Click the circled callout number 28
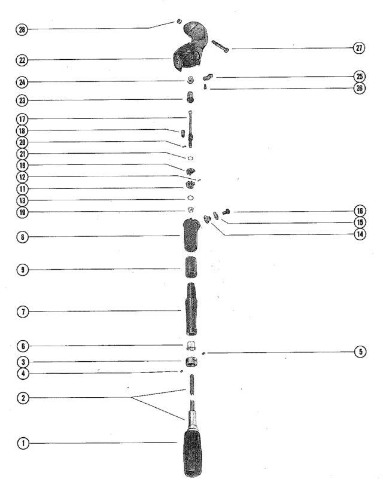[x=22, y=30]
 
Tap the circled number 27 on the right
[x=359, y=48]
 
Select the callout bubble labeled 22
[x=22, y=60]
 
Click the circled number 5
[x=360, y=352]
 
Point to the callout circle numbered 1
[x=23, y=443]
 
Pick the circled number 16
[x=360, y=211]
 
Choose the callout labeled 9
[x=22, y=270]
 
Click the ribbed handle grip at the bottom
[x=193, y=453]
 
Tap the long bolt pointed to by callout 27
[x=220, y=46]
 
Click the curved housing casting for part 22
[x=190, y=47]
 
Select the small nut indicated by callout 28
[x=179, y=22]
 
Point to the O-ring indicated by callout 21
[x=190, y=158]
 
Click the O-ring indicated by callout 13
[x=191, y=198]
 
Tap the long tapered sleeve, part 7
[x=191, y=309]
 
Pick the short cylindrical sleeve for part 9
[x=191, y=267]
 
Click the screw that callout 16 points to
[x=226, y=212]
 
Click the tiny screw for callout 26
[x=205, y=87]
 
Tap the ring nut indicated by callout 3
[x=191, y=362]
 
